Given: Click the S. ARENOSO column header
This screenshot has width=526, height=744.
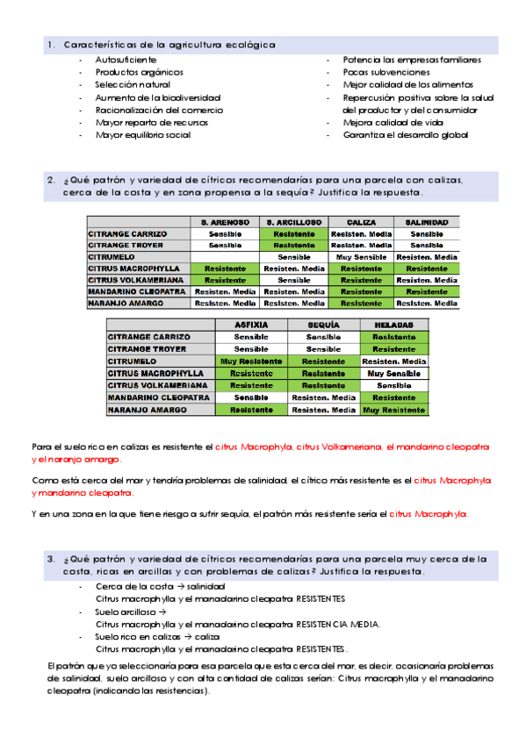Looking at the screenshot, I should [225, 223].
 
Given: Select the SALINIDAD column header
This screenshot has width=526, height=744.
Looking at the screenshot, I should [427, 223].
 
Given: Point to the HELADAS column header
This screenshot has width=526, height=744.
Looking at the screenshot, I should [394, 325].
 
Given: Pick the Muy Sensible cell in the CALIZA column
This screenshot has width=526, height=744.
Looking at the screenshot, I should [361, 257].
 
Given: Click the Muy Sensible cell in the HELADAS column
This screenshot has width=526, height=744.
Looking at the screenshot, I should [394, 373].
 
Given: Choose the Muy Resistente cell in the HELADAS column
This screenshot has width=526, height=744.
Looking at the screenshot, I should [394, 410].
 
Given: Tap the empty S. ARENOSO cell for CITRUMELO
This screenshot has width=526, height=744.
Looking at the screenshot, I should [225, 257].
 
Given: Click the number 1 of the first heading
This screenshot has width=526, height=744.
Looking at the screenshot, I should [51, 44].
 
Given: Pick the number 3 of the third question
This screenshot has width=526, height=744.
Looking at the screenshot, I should [51, 558].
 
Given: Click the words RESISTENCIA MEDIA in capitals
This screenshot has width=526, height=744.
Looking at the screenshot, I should [338, 625].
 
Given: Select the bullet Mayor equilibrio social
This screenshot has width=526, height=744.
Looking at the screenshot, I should [142, 136].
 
